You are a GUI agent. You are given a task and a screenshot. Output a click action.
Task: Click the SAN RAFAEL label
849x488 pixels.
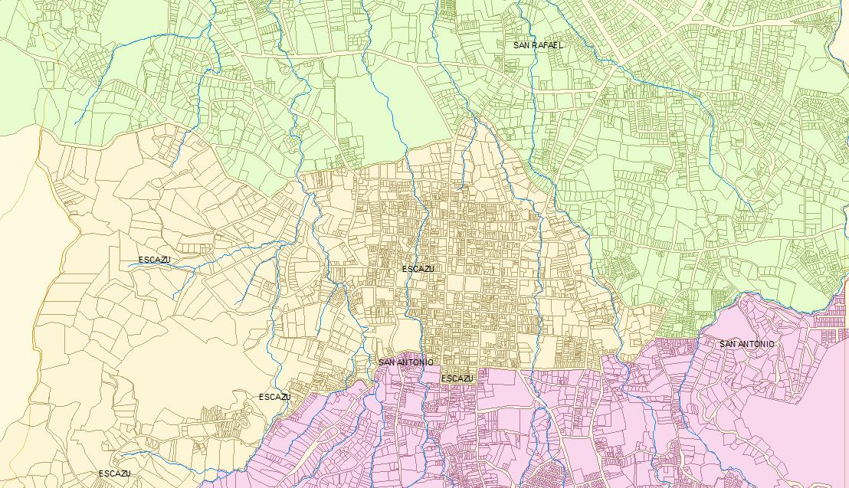tap(538, 45)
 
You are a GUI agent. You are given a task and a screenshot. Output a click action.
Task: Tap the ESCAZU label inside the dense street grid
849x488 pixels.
tap(418, 269)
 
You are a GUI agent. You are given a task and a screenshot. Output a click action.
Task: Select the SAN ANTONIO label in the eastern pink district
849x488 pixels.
tap(746, 344)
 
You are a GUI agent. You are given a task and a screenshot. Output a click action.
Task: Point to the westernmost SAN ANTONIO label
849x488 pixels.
tap(405, 362)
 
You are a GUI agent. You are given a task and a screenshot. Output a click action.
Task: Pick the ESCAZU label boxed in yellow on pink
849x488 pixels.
tap(457, 378)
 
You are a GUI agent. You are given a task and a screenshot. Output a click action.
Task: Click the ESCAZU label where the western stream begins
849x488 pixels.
tap(154, 260)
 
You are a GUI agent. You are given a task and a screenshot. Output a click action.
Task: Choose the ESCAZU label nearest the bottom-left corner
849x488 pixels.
tap(114, 473)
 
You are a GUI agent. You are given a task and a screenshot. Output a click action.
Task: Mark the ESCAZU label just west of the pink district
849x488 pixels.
tap(274, 397)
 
